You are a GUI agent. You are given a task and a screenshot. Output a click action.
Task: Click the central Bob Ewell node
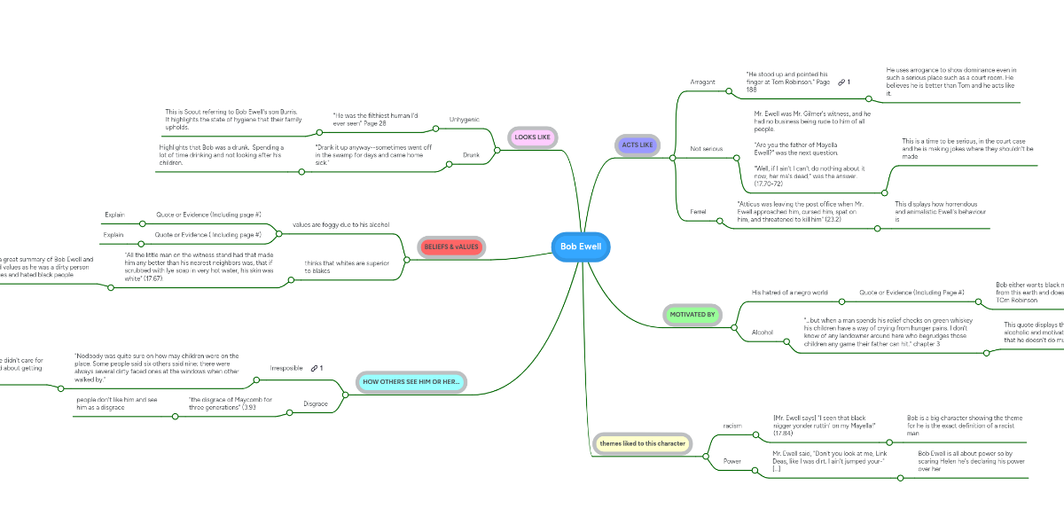(x=581, y=246)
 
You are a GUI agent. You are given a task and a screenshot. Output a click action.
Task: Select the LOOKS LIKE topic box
(x=532, y=137)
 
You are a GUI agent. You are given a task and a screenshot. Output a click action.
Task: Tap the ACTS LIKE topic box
(x=637, y=145)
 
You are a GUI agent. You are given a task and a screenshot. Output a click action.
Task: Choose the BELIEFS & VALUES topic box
(x=450, y=246)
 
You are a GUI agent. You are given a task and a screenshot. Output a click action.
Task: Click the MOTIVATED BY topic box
(x=692, y=314)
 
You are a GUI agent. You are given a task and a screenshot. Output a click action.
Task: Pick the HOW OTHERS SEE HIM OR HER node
(x=411, y=381)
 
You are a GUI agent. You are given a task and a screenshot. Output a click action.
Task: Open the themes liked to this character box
(x=641, y=442)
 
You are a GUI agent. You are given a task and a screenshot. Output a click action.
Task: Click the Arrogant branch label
(x=702, y=82)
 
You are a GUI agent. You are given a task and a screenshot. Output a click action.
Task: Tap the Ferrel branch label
(x=699, y=211)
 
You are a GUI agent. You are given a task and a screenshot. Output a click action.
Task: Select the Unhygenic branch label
(x=465, y=119)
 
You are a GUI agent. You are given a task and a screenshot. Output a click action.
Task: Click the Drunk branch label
(x=471, y=155)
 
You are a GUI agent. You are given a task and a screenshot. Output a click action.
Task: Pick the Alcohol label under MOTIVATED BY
(x=763, y=332)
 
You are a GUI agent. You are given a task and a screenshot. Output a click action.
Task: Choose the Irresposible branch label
(x=286, y=368)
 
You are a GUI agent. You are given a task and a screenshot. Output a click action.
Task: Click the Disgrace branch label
(x=316, y=404)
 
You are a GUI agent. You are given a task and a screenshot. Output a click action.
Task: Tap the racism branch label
(x=732, y=426)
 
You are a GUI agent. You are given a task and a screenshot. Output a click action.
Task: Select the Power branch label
(x=732, y=461)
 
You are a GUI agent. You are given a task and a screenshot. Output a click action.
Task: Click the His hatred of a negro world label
(x=789, y=293)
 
